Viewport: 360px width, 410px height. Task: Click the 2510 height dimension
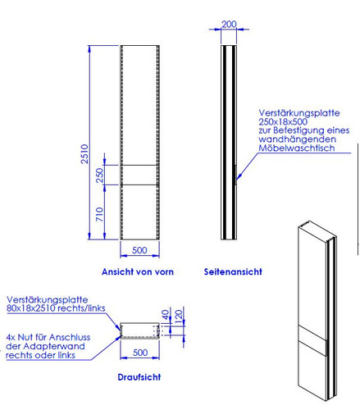coord(84,154)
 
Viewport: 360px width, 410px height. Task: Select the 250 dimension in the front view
coord(100,175)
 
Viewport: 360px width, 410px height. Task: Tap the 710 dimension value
coord(100,214)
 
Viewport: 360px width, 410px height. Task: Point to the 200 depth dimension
coord(229,24)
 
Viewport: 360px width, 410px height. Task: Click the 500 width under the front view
coord(139,250)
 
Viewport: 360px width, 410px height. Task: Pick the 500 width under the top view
coord(140,353)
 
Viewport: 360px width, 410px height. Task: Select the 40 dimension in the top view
coord(166,315)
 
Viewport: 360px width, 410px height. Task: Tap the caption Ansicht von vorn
coord(138,271)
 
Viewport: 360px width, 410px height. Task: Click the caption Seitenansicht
coord(233,271)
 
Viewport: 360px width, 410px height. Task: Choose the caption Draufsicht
coord(139,377)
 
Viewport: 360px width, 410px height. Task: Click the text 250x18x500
coord(283,121)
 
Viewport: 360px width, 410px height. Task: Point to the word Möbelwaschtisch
coord(297,148)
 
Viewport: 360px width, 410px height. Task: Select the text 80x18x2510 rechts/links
coord(56,308)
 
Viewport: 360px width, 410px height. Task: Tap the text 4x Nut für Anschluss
coord(48,337)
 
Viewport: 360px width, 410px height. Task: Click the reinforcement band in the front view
coord(139,175)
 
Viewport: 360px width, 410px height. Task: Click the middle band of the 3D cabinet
coord(312,333)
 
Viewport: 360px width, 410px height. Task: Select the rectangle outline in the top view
coord(139,323)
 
